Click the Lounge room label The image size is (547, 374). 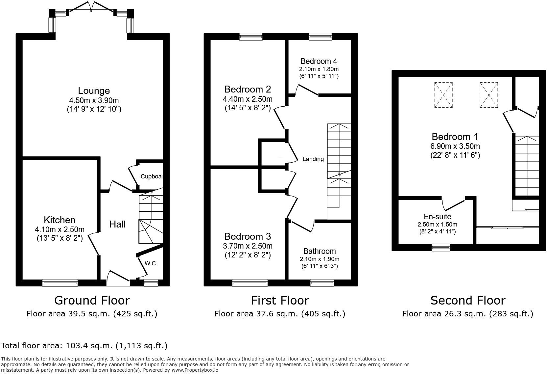tap(94, 91)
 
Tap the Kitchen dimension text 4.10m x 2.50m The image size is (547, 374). tap(59, 229)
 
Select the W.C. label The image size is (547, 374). tap(151, 263)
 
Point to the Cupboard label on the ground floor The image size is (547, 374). tap(152, 176)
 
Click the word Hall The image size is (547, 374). tap(117, 224)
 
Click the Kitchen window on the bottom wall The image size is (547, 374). tap(60, 283)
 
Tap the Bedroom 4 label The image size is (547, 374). tap(319, 61)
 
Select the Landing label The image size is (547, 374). tap(313, 159)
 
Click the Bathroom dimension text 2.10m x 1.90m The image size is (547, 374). tap(320, 259)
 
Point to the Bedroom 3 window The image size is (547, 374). tap(250, 283)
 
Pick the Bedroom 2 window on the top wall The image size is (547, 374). tap(251, 37)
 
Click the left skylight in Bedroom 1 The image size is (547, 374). tap(443, 95)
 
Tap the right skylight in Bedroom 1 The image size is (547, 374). tap(489, 95)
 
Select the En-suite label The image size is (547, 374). tap(437, 217)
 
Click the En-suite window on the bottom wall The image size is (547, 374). tap(441, 248)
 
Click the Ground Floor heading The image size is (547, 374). tap(92, 300)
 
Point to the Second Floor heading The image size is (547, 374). tap(468, 300)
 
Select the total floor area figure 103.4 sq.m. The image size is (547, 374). tap(89, 346)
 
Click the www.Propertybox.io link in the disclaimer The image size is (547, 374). tap(195, 370)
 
